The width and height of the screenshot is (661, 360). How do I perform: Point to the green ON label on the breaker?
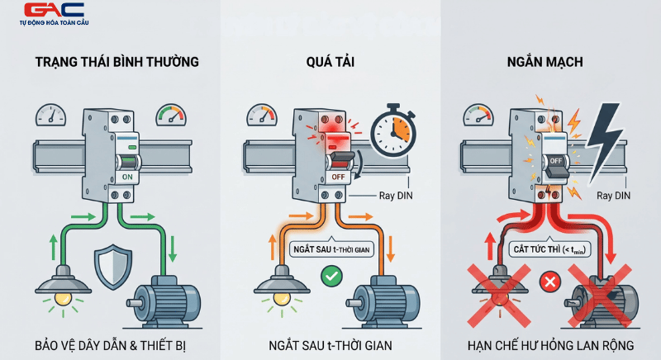pos(127,176)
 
